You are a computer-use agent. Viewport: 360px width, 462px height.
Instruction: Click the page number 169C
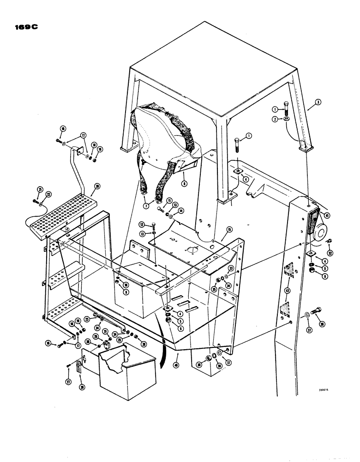pos(24,26)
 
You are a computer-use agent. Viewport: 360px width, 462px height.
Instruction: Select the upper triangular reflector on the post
pos(289,270)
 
